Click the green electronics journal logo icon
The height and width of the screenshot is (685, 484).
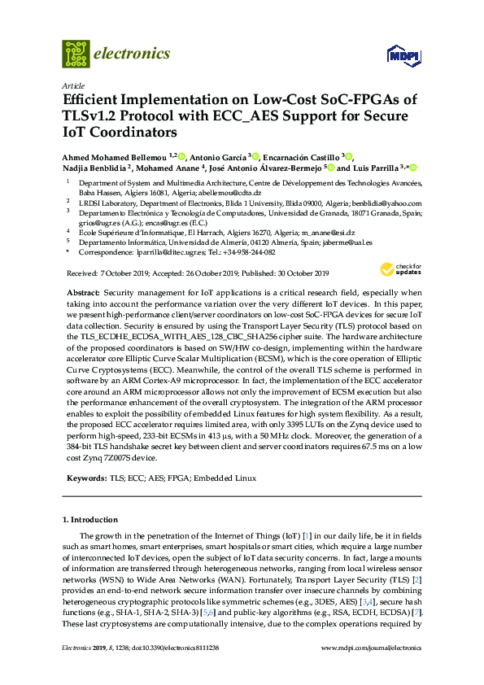pos(76,54)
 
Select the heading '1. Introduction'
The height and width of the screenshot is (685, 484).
pos(89,519)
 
